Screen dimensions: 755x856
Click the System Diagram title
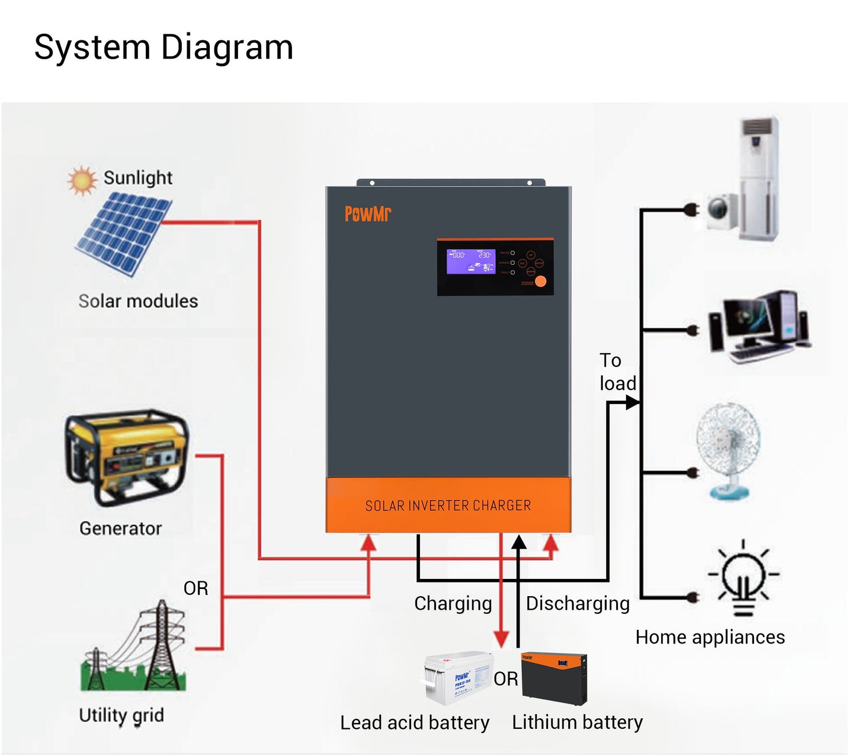[163, 47]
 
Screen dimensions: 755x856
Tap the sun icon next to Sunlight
[82, 180]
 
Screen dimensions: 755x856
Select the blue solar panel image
[124, 234]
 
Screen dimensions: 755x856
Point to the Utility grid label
[121, 715]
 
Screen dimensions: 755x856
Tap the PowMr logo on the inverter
[368, 213]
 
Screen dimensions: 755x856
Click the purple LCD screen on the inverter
[470, 261]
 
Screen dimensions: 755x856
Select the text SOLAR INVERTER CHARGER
[448, 506]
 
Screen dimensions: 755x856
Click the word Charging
[453, 603]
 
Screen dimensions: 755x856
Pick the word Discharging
[578, 603]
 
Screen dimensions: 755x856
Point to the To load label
[617, 372]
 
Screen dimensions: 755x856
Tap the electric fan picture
[728, 450]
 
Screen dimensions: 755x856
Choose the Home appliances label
[710, 637]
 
